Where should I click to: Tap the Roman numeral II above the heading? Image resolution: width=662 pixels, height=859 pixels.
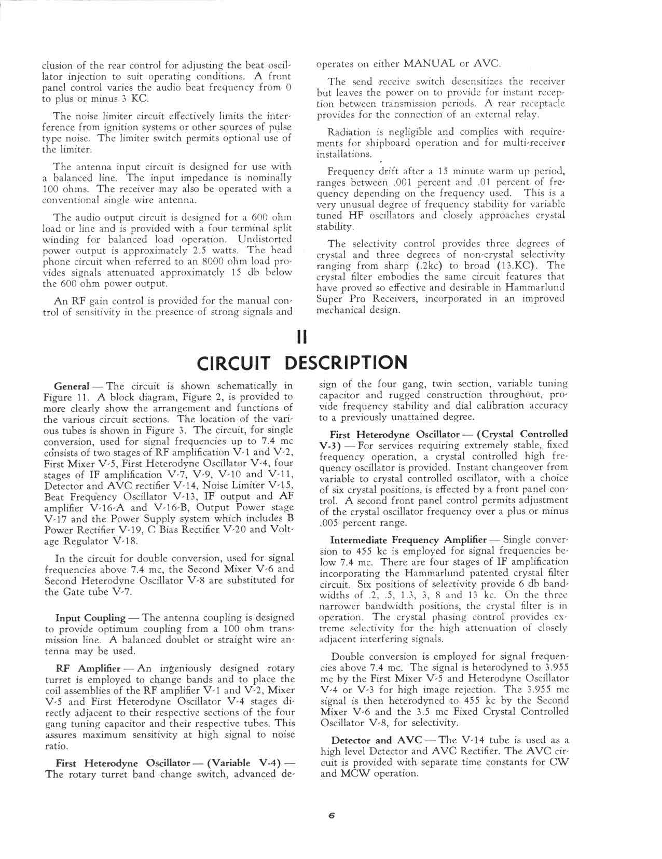coord(301,337)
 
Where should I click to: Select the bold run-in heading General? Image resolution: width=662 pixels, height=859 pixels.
coord(72,386)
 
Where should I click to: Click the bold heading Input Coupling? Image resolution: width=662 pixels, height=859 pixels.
coord(90,618)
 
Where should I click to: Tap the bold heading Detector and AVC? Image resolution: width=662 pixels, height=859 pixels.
coord(376,740)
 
